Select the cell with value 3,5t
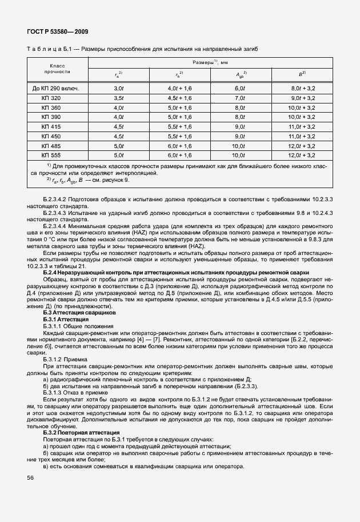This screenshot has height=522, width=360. click(118, 98)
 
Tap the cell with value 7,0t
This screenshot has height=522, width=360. click(240, 98)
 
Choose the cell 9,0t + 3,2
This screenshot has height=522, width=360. click(302, 98)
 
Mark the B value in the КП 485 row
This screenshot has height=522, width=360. click(302, 145)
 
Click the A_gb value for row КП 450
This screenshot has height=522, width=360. click(240, 136)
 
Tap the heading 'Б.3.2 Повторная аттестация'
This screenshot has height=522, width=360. click(82, 433)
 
